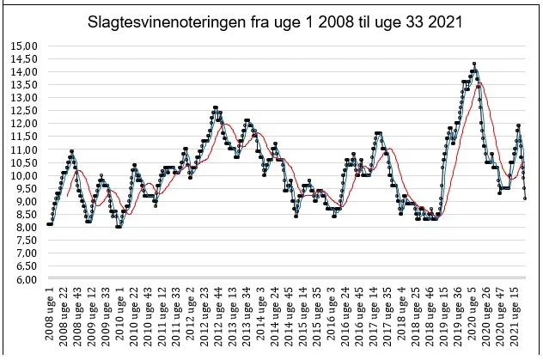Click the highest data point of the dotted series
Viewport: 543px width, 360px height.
[474, 64]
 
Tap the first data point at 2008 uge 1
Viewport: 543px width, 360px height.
[48, 224]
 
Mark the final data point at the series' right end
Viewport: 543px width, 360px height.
[525, 198]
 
